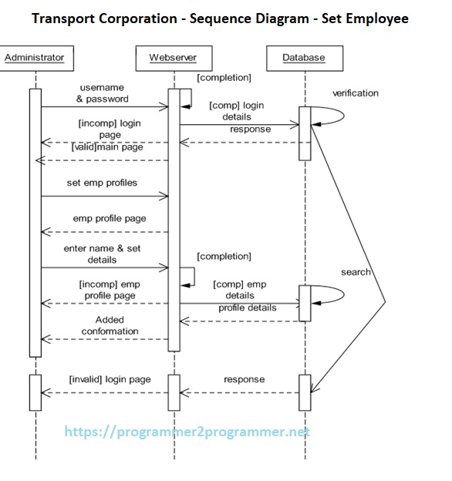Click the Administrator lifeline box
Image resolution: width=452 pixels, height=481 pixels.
point(34,57)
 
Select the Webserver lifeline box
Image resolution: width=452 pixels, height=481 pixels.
point(174,57)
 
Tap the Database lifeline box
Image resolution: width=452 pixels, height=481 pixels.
point(304,57)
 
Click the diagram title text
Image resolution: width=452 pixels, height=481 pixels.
point(220,18)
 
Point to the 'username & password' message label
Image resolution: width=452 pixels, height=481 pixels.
point(103,94)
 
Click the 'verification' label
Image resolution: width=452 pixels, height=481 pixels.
point(356,93)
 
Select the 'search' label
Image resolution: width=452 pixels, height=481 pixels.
point(356,272)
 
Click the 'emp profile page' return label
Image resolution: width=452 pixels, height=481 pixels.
point(110,218)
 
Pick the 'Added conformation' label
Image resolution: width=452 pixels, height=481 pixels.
point(110,325)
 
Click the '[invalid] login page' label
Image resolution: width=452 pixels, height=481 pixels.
point(110,379)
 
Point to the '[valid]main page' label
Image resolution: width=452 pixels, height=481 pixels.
point(107,146)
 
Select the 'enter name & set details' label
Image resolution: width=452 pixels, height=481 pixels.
point(102,254)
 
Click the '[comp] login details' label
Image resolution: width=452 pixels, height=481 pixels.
point(236,111)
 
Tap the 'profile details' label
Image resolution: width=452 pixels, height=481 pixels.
point(247,308)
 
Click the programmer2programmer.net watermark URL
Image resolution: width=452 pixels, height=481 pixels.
point(187,432)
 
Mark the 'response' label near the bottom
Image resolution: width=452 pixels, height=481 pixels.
point(244,379)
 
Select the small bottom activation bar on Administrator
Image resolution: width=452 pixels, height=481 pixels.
point(35,392)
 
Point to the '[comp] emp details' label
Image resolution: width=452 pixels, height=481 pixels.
point(239,290)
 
